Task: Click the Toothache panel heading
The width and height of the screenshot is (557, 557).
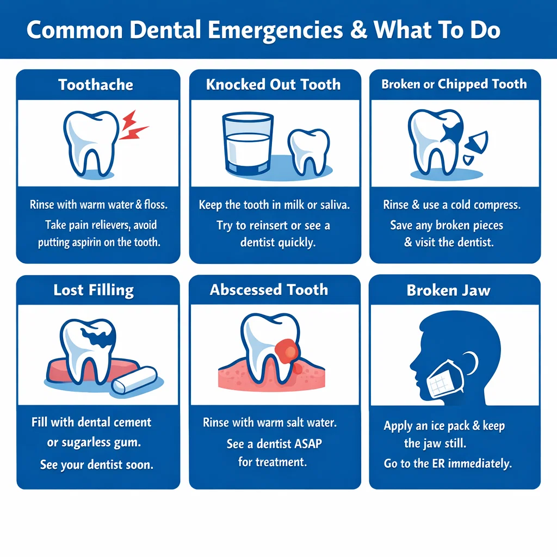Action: [96, 85]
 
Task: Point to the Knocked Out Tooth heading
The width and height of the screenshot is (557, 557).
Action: [273, 84]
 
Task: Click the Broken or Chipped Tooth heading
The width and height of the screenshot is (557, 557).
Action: [454, 84]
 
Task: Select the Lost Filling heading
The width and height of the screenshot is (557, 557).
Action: [93, 290]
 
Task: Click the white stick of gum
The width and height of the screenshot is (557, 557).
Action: [134, 379]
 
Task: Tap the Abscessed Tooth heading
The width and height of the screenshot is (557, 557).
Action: [269, 289]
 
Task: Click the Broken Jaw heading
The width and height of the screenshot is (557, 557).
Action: [448, 290]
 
